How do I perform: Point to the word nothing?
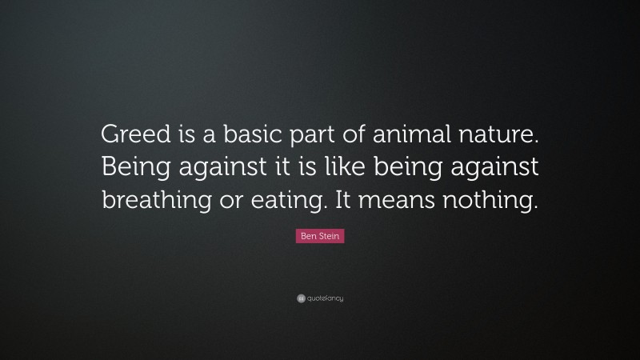[492, 199]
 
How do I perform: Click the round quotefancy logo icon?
[301, 298]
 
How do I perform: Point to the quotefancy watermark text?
[326, 298]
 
